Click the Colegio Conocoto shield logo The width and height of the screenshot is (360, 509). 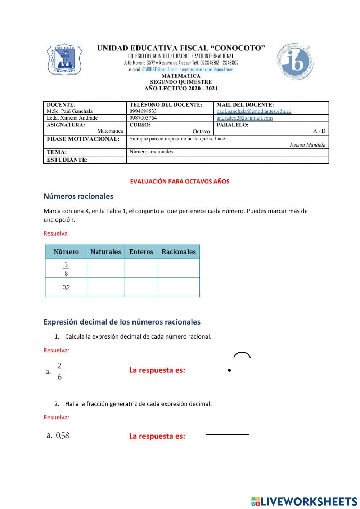tap(64, 59)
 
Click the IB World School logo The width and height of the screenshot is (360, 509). tap(295, 62)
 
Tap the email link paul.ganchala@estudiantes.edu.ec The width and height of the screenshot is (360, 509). tap(253, 111)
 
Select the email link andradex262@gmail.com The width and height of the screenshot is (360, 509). tap(244, 118)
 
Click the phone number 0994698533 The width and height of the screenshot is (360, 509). tap(143, 111)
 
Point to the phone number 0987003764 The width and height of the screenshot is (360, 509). tap(143, 118)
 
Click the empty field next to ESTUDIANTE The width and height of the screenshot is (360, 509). tap(227, 160)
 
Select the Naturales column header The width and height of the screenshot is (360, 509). tap(105, 252)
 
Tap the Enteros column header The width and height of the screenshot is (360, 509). tap(141, 252)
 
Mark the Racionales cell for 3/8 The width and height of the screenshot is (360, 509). tap(179, 268)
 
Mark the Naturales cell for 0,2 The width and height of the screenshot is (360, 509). tap(105, 287)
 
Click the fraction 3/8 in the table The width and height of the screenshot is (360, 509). tap(66, 268)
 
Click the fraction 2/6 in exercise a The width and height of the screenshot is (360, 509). tap(59, 371)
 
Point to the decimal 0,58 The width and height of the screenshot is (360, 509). tap(63, 436)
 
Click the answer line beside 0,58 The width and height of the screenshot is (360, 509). tap(227, 434)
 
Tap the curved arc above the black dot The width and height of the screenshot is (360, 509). tap(242, 354)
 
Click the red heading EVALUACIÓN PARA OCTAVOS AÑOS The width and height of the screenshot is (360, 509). tap(180, 182)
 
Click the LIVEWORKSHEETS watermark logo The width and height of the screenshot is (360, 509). tap(304, 501)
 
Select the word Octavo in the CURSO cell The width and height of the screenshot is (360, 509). tap(201, 131)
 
